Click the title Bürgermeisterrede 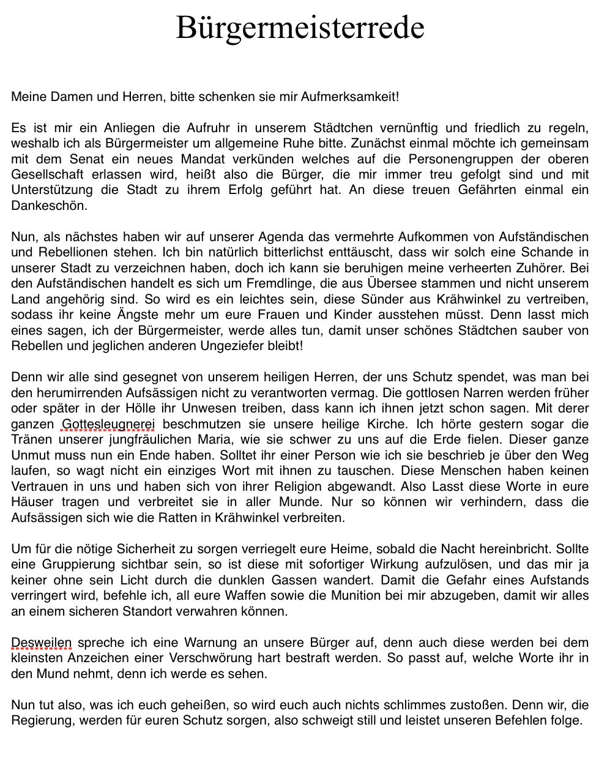point(300,28)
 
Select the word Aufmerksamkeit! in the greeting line point(349,97)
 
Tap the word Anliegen point(129,128)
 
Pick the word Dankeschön point(49,206)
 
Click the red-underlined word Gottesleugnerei point(108,424)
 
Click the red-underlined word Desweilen point(42,643)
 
